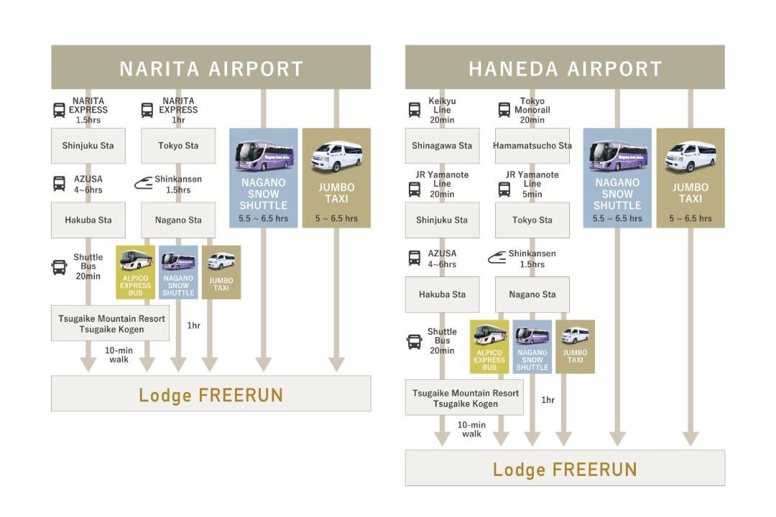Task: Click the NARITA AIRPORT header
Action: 211,67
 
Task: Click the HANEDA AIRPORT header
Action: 565,67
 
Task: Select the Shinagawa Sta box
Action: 442,146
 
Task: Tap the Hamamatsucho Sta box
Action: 532,146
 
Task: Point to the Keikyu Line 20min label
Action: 442,110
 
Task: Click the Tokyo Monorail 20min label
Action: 532,110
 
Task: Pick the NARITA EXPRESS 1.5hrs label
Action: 88,110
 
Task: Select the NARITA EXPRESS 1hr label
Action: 178,110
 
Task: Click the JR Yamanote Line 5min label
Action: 532,184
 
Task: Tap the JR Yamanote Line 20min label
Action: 442,184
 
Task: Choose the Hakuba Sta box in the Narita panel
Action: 88,220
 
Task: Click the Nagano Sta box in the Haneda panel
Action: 532,294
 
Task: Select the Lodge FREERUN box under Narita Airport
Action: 211,393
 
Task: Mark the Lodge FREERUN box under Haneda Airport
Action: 565,468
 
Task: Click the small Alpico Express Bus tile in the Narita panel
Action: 135,272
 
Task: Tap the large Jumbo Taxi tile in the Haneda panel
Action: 690,178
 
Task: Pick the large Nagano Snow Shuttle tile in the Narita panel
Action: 263,178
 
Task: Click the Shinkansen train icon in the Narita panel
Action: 143,184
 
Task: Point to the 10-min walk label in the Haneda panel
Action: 471,429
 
